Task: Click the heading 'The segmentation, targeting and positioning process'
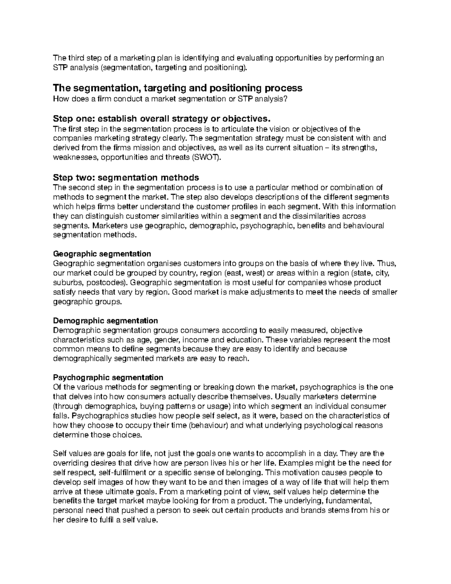[x=177, y=88]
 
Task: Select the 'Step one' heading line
[x=162, y=119]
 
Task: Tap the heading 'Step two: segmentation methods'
[x=126, y=177]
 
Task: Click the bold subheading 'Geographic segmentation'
[x=102, y=254]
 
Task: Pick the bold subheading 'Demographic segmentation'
[x=105, y=320]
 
